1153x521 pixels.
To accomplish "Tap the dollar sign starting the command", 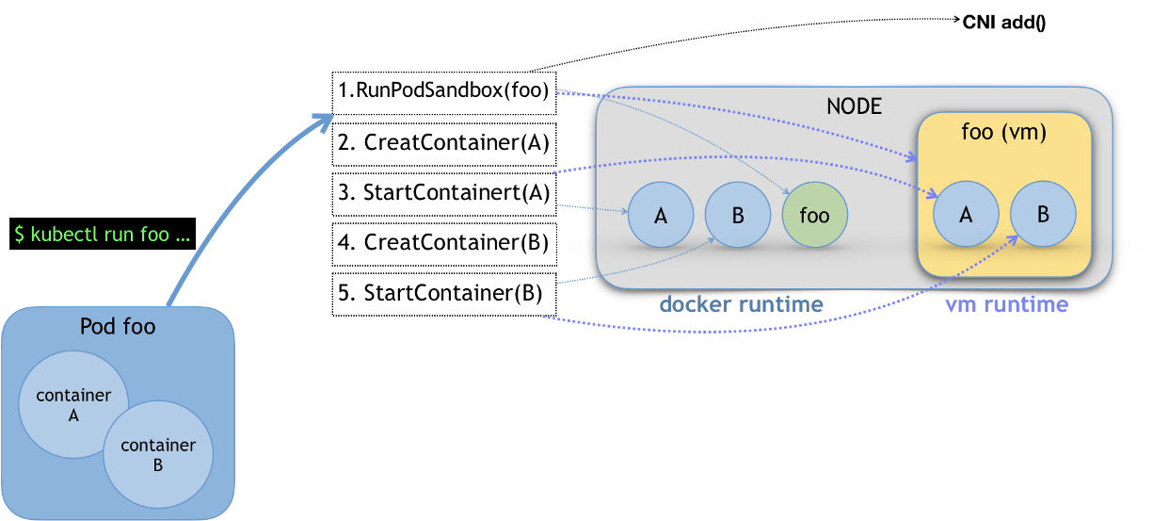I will pos(20,235).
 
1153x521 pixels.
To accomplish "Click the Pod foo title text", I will pos(118,327).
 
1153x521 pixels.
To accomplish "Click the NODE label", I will pos(854,106).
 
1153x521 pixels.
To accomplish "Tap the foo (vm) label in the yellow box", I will pos(1003,133).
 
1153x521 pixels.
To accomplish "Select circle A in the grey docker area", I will pos(661,216).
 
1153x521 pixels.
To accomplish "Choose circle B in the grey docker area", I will pos(738,216).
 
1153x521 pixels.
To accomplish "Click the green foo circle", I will pos(814,216).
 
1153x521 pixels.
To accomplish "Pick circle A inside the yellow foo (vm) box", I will pos(966,215).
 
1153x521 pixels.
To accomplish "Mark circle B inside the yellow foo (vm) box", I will pos(1043,214).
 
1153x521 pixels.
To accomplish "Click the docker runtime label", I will pos(741,304).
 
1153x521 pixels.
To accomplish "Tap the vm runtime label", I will pos(1006,304).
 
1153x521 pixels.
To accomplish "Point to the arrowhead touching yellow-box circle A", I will pos(933,195).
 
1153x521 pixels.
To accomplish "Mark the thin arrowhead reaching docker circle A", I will pos(625,212).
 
